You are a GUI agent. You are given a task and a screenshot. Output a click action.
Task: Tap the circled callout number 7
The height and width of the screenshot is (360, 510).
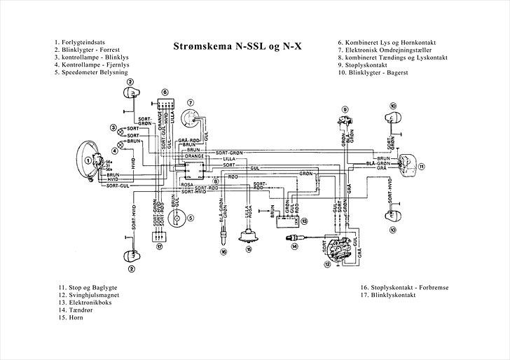190,104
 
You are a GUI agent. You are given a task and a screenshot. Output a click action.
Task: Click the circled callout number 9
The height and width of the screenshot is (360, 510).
345,109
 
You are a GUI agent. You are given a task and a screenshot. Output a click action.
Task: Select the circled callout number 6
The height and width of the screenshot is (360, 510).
164,92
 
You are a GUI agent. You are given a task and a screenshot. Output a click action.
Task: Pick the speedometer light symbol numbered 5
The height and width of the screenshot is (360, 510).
178,219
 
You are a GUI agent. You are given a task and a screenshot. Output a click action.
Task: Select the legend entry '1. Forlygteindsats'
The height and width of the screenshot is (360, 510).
82,42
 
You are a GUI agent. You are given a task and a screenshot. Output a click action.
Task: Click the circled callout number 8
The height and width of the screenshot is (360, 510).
216,181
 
